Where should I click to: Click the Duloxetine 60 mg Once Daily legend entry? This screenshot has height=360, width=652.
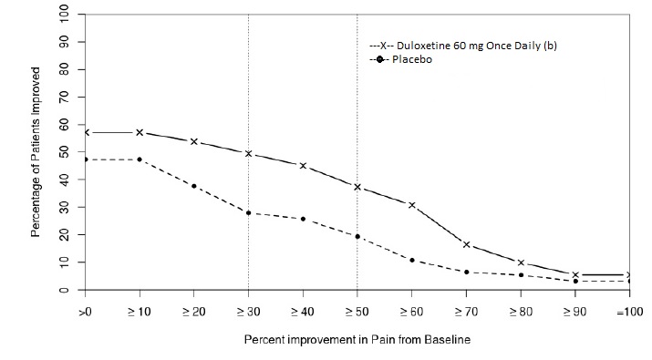click(462, 46)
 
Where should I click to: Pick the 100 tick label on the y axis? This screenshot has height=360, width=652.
click(63, 15)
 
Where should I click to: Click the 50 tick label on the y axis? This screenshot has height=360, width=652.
click(63, 152)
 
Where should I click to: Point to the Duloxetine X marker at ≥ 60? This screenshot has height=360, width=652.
click(412, 205)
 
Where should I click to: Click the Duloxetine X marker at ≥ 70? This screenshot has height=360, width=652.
click(467, 244)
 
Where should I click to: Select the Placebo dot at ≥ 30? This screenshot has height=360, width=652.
click(248, 212)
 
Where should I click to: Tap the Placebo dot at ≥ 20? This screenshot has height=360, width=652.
click(194, 186)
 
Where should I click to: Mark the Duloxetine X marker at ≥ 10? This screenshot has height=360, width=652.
click(140, 132)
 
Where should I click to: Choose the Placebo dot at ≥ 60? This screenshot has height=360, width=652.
click(412, 260)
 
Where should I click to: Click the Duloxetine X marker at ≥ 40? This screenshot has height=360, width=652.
click(303, 166)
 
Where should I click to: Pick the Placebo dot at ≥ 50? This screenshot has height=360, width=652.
click(357, 236)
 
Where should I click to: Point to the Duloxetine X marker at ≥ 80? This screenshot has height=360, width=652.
click(521, 262)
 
